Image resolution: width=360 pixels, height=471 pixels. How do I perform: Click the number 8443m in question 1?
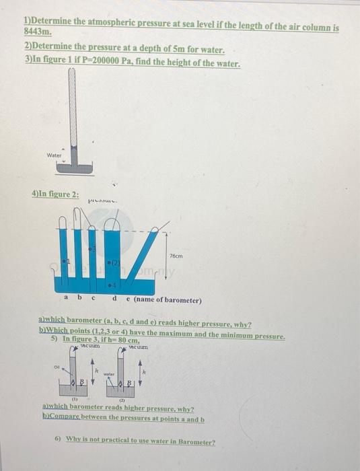point(36,32)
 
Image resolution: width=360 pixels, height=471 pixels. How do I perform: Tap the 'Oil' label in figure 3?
point(58,367)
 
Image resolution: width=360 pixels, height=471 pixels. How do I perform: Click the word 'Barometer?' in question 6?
point(194,442)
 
